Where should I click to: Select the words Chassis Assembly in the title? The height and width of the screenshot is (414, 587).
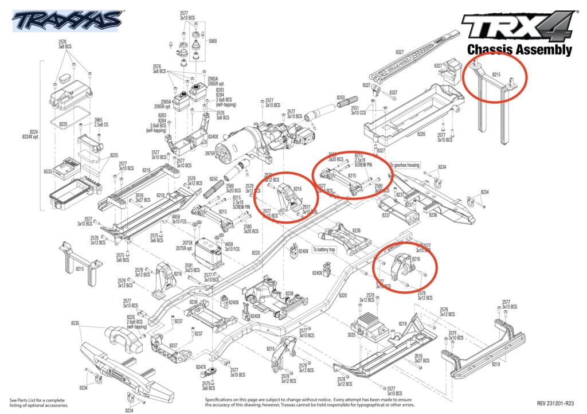[519, 50]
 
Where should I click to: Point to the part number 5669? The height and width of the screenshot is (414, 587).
[213, 41]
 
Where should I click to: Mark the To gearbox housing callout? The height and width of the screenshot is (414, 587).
[405, 165]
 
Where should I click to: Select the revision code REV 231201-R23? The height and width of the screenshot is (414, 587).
[554, 403]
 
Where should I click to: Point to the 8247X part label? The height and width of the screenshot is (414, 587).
[201, 367]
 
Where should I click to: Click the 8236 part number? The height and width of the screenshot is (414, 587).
[433, 214]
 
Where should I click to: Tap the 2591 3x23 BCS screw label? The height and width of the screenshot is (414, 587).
[189, 267]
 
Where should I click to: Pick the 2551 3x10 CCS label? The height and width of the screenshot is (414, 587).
[356, 110]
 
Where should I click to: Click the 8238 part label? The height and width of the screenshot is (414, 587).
[290, 293]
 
